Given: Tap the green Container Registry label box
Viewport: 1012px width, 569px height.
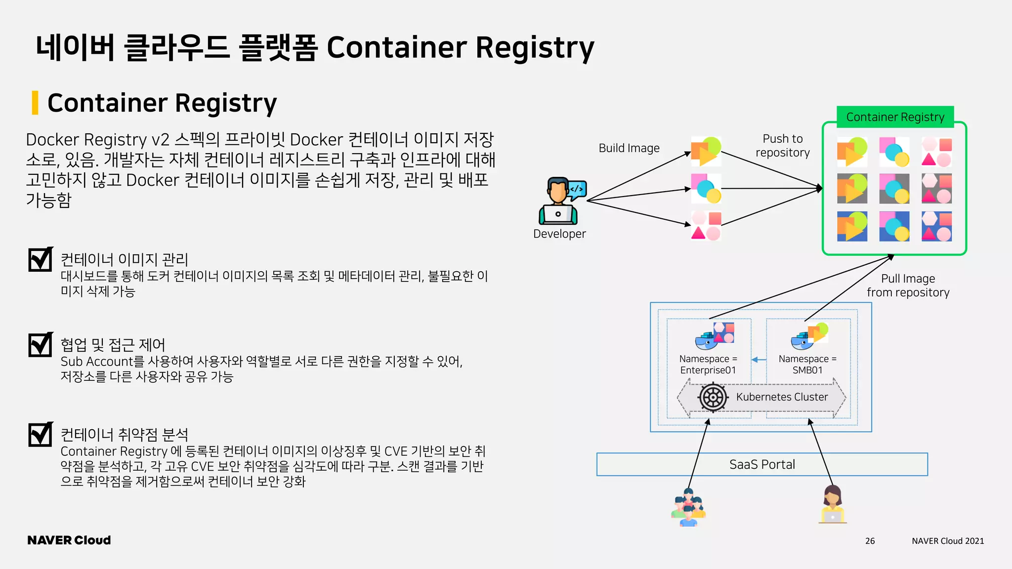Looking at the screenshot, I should click(x=895, y=117).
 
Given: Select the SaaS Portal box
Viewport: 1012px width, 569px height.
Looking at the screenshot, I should click(x=762, y=464).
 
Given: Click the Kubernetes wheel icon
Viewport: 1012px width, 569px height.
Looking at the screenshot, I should click(x=713, y=397).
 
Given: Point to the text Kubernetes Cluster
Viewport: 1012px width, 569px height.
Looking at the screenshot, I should click(x=782, y=397).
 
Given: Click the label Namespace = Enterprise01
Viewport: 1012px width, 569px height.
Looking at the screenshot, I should click(x=708, y=365).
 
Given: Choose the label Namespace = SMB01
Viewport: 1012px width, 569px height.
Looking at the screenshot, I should click(x=807, y=365).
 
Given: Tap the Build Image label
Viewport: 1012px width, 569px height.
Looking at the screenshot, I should click(x=629, y=148).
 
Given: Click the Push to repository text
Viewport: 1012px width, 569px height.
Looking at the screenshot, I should click(x=783, y=146).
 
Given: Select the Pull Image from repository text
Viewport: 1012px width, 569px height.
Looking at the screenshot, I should click(x=908, y=285).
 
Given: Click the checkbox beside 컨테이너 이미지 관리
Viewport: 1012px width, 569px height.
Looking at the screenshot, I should click(x=41, y=259).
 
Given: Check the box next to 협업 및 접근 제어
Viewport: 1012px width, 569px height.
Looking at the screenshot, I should click(x=41, y=344).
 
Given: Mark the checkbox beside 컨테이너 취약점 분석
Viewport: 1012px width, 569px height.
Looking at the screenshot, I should click(x=41, y=434).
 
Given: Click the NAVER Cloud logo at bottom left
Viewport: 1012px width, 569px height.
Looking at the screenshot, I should click(x=69, y=540).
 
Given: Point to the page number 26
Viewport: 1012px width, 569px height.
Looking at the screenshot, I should click(x=870, y=541).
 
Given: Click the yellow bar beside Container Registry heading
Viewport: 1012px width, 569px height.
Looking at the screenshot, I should click(x=35, y=103).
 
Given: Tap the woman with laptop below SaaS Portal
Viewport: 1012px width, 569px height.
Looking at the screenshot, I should click(x=833, y=504).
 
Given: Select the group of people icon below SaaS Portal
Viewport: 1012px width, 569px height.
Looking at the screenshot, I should click(x=688, y=507).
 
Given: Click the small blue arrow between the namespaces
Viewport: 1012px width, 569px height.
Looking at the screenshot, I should click(x=759, y=360).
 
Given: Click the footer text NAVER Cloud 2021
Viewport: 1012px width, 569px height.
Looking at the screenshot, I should click(x=948, y=541).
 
